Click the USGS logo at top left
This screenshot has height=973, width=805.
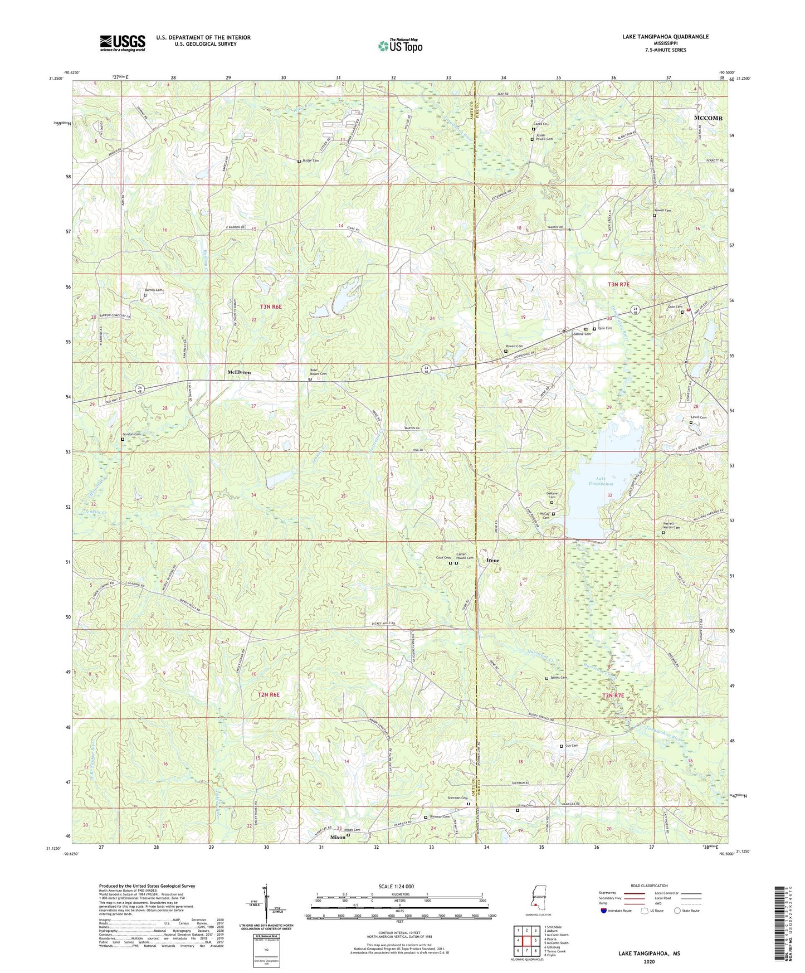coord(123,43)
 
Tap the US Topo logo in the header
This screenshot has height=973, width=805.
coord(400,46)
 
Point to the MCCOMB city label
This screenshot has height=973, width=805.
coord(708,118)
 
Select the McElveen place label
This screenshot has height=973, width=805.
coord(239,372)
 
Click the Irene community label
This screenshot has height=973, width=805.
coord(493,560)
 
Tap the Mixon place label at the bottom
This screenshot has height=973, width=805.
coord(338,837)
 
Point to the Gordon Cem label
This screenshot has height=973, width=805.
coord(131,434)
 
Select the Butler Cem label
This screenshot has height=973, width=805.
coord(310,160)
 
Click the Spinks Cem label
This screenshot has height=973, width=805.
coord(558,678)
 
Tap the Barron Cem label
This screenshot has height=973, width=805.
coord(154,290)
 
